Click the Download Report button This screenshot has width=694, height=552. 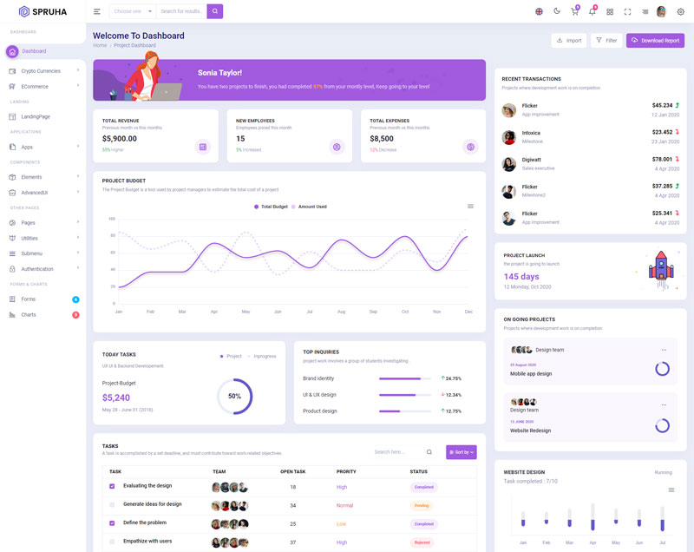(x=655, y=41)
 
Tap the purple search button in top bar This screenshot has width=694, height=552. (x=215, y=11)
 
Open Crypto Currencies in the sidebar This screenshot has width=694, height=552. (x=41, y=71)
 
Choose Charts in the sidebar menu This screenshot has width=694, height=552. (x=29, y=314)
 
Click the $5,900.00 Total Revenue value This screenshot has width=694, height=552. (x=119, y=139)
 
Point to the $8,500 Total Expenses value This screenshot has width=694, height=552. (x=382, y=139)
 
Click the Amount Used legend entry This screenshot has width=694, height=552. (x=309, y=207)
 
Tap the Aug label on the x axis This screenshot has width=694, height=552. (x=341, y=312)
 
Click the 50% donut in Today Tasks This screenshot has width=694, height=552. (x=234, y=396)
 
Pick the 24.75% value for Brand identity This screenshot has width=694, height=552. (x=453, y=378)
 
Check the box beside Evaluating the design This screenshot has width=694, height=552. (x=112, y=487)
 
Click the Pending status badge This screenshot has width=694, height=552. (x=422, y=505)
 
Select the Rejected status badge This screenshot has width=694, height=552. (x=422, y=542)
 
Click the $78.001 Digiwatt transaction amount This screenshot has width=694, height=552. (x=662, y=160)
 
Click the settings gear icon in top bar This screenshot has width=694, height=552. (x=680, y=12)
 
